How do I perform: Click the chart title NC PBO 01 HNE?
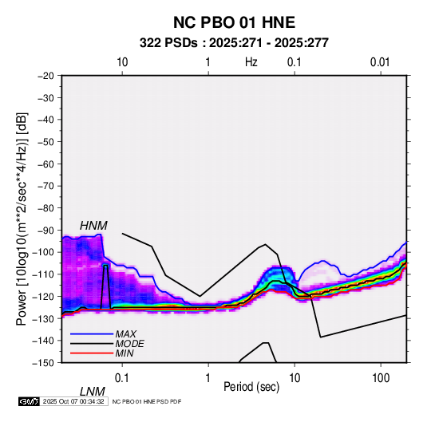[234, 22]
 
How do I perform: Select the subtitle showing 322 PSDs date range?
[234, 43]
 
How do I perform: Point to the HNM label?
[93, 226]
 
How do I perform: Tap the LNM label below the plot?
[93, 392]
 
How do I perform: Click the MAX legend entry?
[125, 333]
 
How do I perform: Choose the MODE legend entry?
[129, 344]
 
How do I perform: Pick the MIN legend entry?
[125, 353]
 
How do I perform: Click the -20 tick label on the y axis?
[45, 76]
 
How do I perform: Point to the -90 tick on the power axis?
[45, 231]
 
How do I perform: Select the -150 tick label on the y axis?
[43, 363]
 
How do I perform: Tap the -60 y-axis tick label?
[45, 164]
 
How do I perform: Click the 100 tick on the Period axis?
[381, 378]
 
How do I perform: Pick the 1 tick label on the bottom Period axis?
[208, 378]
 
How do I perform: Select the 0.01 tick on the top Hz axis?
[380, 62]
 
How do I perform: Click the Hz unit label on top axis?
[251, 62]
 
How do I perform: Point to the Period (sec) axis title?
[251, 387]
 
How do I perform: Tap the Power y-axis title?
[22, 219]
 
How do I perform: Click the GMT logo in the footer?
[29, 401]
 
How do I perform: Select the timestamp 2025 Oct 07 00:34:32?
[73, 401]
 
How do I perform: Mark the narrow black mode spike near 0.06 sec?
[105, 286]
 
